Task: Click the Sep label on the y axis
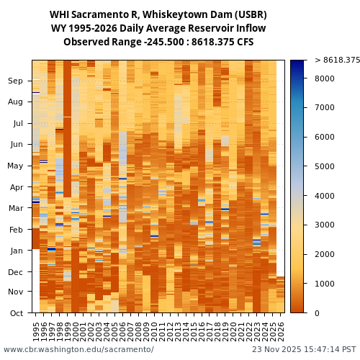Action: point(15,81)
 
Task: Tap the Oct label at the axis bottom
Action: point(15,313)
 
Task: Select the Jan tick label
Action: point(15,251)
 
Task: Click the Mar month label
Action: point(15,208)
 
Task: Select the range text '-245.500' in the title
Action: point(163,42)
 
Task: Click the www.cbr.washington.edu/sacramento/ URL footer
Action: point(78,350)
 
